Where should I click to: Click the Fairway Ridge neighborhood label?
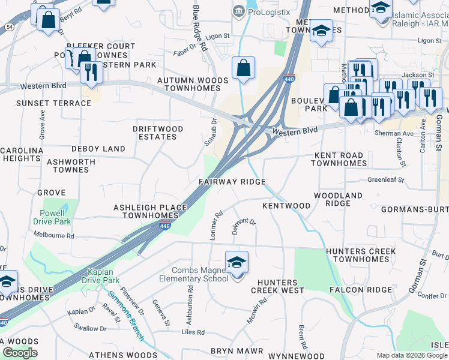(232, 182)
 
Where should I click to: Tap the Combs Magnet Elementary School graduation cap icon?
(237, 263)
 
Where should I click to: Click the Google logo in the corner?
(20, 352)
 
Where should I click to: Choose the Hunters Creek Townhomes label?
(361, 255)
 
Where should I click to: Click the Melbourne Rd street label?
(53, 236)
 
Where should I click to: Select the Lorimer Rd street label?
(217, 225)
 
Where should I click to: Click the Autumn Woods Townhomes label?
(193, 84)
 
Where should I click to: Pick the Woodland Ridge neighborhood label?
(339, 199)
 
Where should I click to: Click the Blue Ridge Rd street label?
(199, 29)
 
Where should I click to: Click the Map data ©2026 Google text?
(412, 355)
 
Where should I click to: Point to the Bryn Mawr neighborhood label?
(237, 350)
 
